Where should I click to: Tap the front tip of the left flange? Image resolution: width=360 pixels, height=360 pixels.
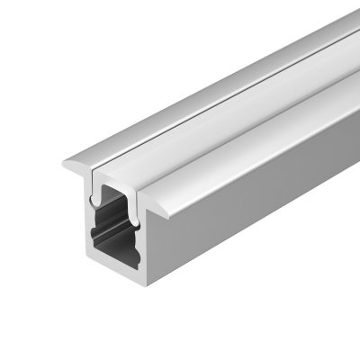click(x=67, y=166)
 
